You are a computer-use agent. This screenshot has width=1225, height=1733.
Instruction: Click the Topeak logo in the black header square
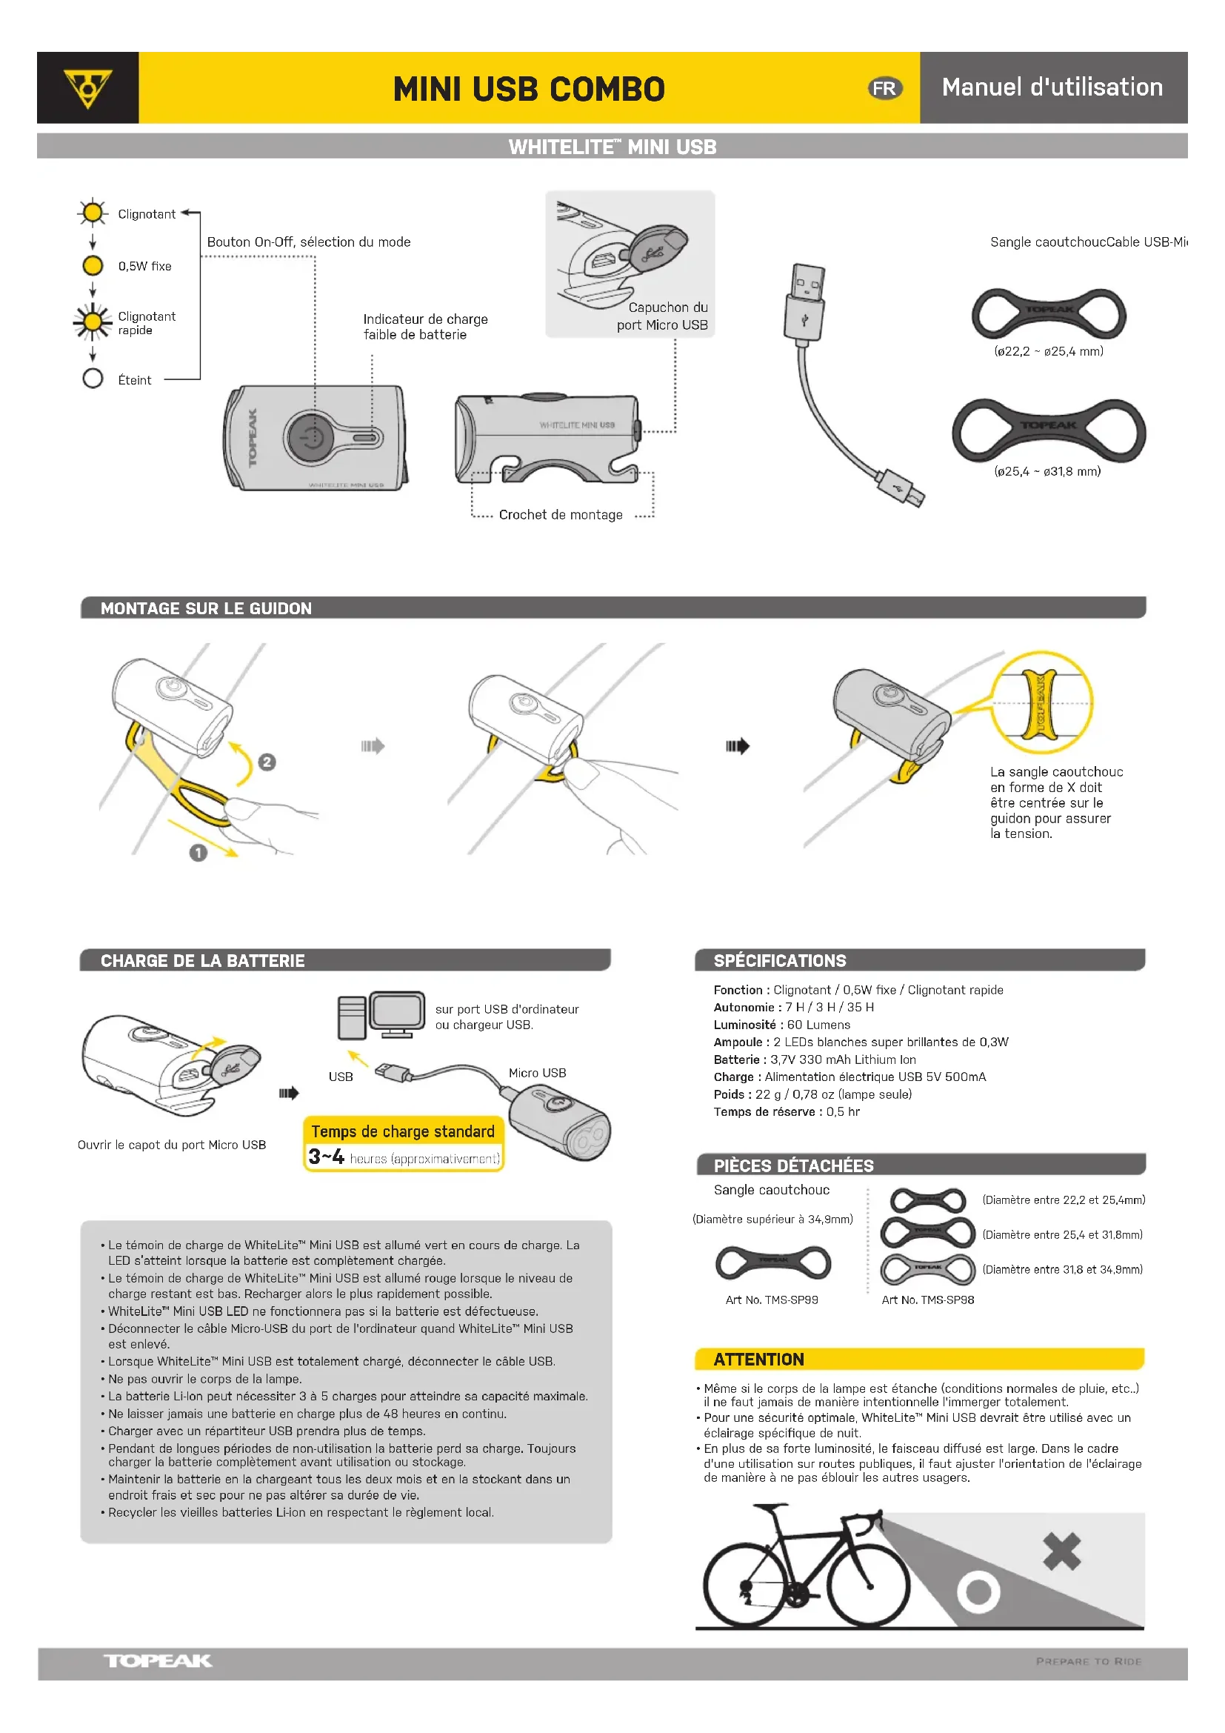point(87,87)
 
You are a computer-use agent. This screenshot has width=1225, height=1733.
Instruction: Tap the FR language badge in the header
point(884,88)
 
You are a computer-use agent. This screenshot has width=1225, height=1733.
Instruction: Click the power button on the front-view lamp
point(310,436)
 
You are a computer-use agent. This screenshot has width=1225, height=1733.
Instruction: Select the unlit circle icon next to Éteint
point(93,378)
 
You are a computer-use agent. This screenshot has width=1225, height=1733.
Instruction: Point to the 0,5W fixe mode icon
point(93,266)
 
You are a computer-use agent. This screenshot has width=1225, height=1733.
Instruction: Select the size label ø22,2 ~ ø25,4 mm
point(1049,351)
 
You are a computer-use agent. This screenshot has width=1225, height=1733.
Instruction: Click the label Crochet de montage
point(561,515)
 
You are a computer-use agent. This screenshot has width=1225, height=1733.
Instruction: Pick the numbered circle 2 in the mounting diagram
point(267,762)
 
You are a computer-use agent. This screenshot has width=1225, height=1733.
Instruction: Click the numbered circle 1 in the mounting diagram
point(198,853)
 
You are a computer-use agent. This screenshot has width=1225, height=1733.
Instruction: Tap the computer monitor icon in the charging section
point(396,1013)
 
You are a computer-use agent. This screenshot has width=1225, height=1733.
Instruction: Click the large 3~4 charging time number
point(326,1157)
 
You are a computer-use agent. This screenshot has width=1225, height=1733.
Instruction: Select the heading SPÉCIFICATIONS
point(780,961)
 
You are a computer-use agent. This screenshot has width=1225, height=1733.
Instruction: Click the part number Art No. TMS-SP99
point(772,1300)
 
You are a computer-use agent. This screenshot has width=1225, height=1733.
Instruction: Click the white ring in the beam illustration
point(978,1591)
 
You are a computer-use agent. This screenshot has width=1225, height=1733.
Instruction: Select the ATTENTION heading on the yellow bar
point(759,1360)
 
